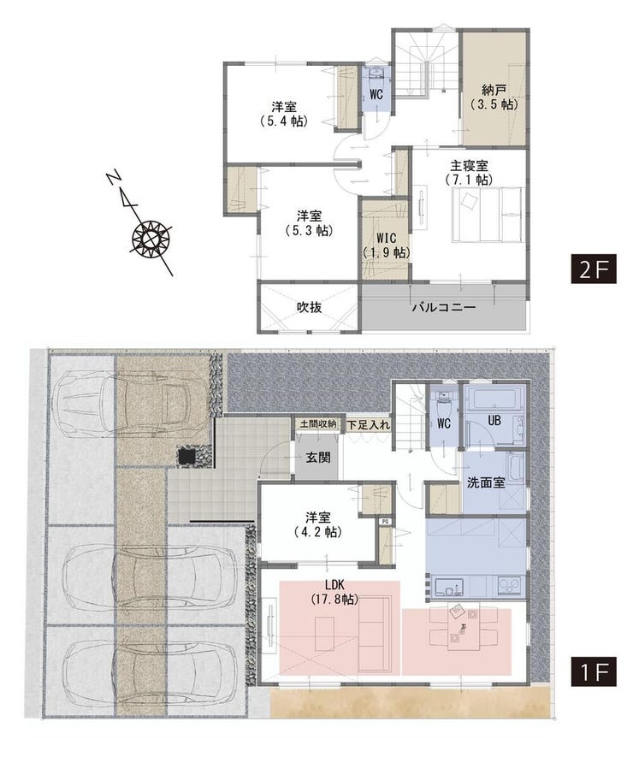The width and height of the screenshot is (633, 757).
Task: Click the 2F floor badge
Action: click(x=594, y=268)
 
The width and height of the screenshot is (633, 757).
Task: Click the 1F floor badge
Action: click(x=594, y=671)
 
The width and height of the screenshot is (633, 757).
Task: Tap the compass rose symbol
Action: click(x=151, y=238)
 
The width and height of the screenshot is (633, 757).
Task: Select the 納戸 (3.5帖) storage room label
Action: click(x=494, y=97)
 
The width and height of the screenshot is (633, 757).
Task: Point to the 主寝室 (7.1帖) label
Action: click(x=469, y=172)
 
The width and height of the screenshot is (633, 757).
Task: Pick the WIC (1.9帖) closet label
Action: click(x=387, y=245)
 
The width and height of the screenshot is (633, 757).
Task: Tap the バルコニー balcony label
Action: click(x=444, y=308)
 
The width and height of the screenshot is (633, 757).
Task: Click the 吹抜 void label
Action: click(x=309, y=307)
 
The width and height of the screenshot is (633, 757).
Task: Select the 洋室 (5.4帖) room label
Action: click(x=283, y=114)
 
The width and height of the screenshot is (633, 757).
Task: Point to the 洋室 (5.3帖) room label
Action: click(x=309, y=223)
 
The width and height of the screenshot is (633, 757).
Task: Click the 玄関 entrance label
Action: click(x=318, y=457)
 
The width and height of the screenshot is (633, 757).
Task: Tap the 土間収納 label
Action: click(x=318, y=424)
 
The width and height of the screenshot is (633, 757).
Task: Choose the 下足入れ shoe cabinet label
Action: click(x=369, y=425)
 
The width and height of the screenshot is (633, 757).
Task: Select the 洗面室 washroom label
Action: click(x=486, y=482)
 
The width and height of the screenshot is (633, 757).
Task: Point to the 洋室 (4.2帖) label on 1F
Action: click(x=317, y=525)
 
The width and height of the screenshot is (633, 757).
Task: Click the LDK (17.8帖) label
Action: click(x=334, y=592)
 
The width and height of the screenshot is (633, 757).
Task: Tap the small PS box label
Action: click(x=385, y=522)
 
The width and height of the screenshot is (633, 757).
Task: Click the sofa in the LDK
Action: click(x=374, y=633)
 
